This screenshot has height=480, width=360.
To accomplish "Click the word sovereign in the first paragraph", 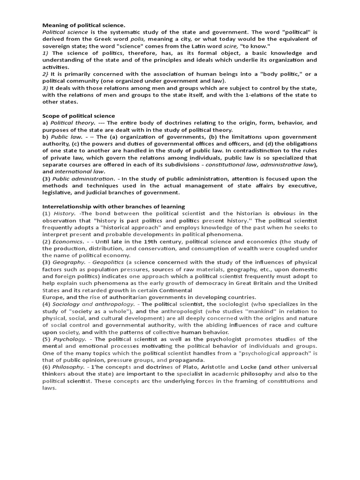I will click(x=56, y=46).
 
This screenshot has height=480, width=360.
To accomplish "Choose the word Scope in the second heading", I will click(x=52, y=116).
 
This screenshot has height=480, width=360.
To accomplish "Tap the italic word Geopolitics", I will click(x=103, y=262).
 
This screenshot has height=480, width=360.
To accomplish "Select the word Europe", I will click(x=52, y=297).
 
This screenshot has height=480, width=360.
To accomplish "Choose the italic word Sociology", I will click(x=67, y=304).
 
